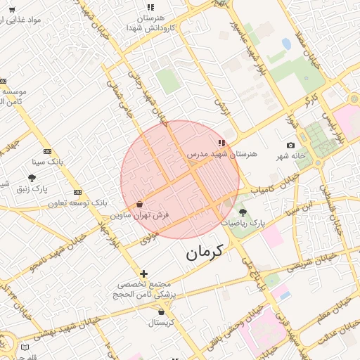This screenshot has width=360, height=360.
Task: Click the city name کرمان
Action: tap(204, 252)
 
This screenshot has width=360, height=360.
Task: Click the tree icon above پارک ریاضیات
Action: tap(243, 212)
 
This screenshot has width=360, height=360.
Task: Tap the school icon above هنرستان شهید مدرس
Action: tap(222, 143)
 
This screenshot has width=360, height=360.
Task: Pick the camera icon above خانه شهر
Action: tap(291, 145)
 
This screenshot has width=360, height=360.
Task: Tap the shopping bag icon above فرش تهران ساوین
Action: tap(141, 204)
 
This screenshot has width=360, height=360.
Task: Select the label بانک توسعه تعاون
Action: tap(77, 202)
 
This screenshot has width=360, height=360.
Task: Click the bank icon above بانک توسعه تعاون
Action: tap(77, 192)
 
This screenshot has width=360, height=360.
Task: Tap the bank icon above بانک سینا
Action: tap(47, 151)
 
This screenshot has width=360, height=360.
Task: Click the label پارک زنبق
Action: tap(32, 188)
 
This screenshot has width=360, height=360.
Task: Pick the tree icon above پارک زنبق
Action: tap(32, 178)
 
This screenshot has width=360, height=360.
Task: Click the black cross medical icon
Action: tap(143, 274)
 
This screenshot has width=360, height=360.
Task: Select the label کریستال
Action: tap(162, 322)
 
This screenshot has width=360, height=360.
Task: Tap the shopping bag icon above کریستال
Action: tap(162, 311)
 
